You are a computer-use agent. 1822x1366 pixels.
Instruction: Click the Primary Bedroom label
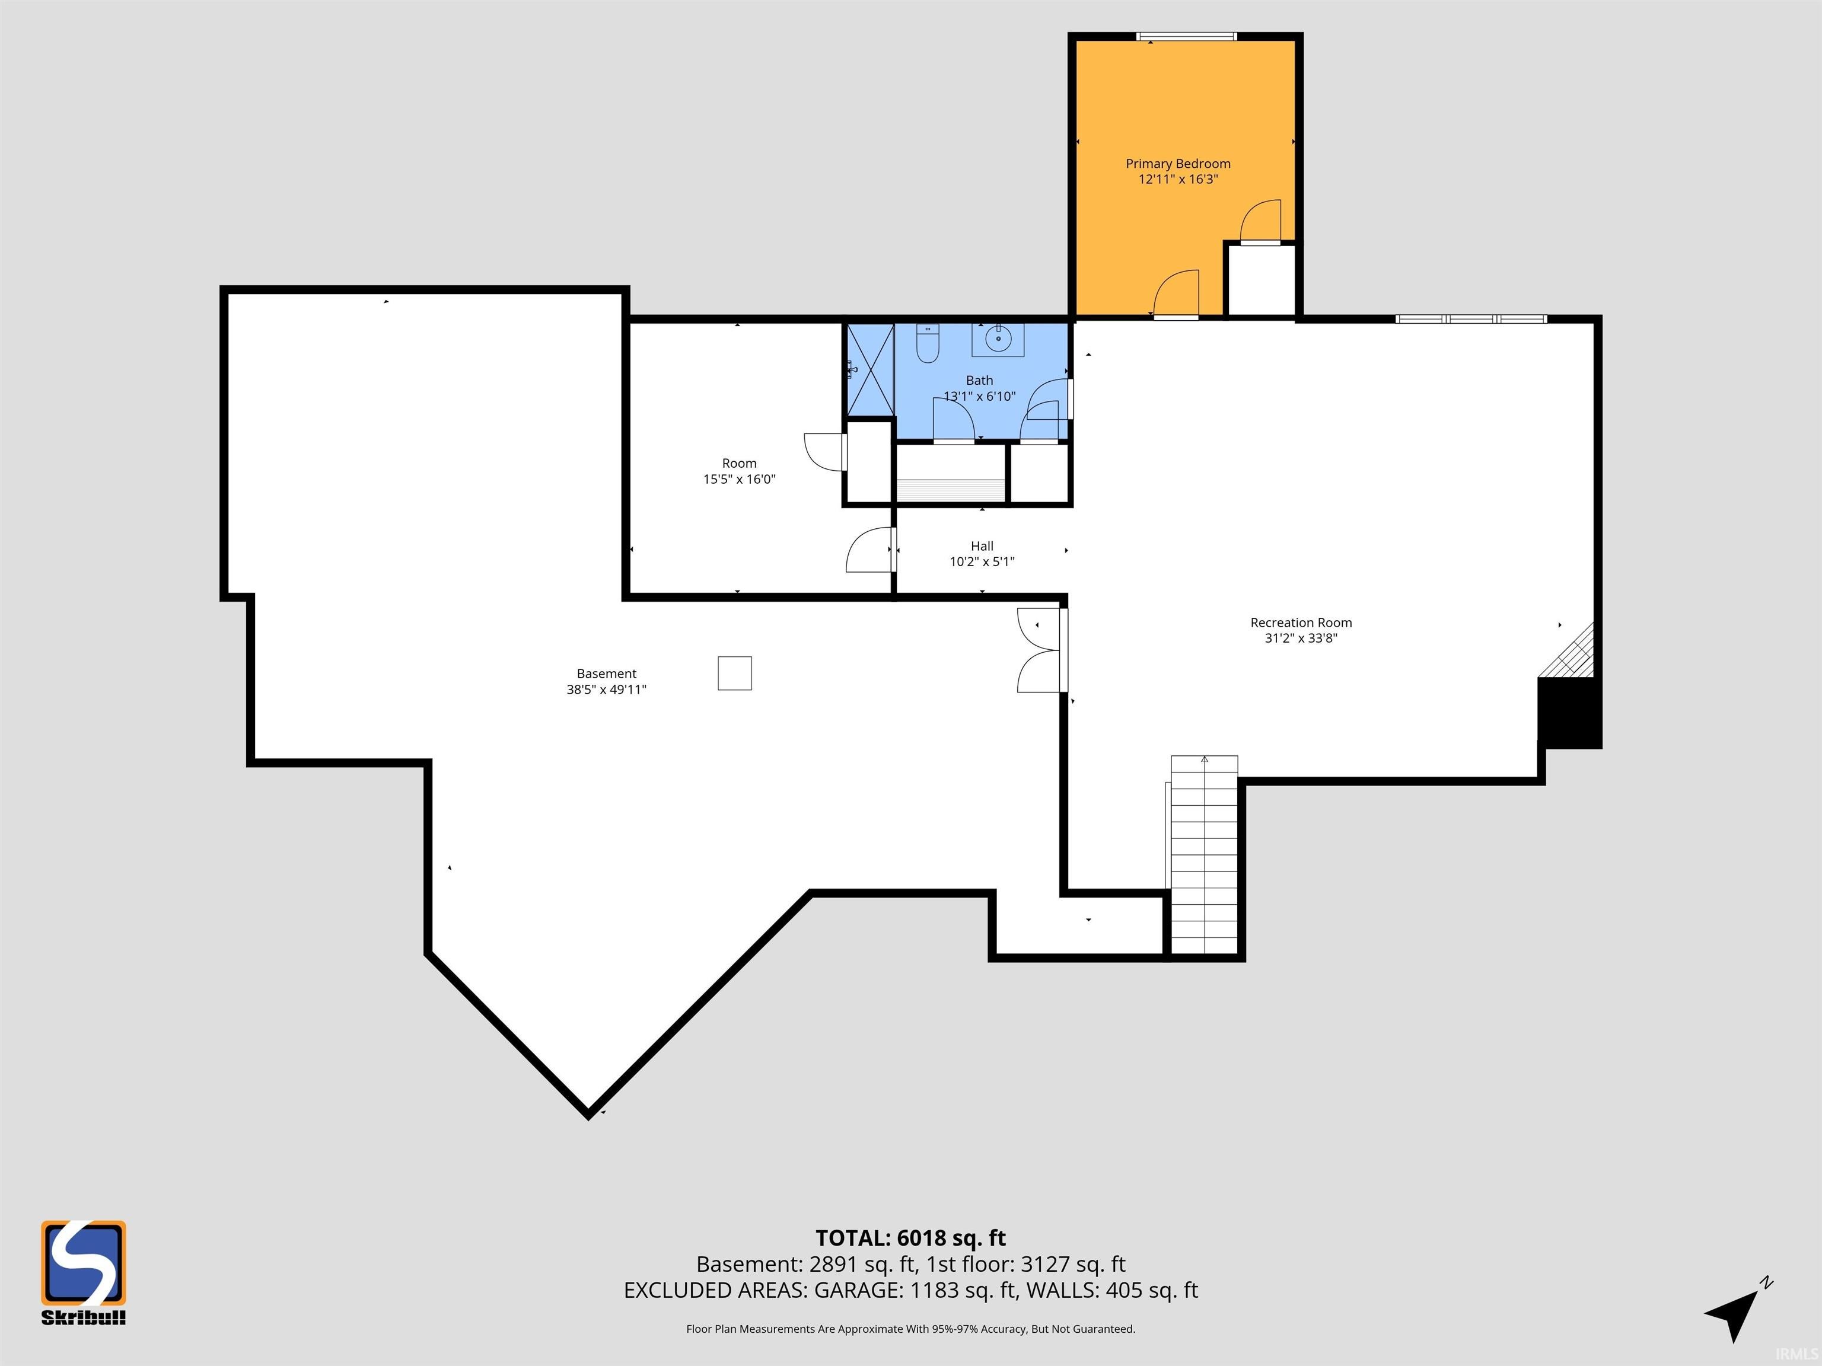tap(1178, 164)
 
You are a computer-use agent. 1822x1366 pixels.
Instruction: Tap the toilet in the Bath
tap(928, 343)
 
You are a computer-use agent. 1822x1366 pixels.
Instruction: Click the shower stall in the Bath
tap(871, 371)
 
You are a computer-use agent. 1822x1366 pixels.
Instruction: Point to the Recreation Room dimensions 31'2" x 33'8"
tap(1301, 638)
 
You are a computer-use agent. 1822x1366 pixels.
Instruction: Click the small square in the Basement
tap(735, 673)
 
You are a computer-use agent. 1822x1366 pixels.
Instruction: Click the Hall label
tap(982, 546)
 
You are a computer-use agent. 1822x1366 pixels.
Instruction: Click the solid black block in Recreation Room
tap(1570, 712)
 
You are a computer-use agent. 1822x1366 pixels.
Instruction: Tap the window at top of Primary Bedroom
tap(1186, 36)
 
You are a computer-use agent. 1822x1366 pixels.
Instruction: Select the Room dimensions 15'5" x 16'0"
tap(739, 479)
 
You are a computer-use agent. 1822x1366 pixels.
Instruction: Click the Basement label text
tap(606, 674)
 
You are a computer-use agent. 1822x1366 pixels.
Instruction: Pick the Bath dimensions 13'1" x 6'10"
tap(979, 396)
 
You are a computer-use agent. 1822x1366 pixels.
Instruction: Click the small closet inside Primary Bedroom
tap(1260, 280)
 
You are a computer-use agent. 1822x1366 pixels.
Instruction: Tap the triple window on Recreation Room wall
tap(1471, 318)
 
